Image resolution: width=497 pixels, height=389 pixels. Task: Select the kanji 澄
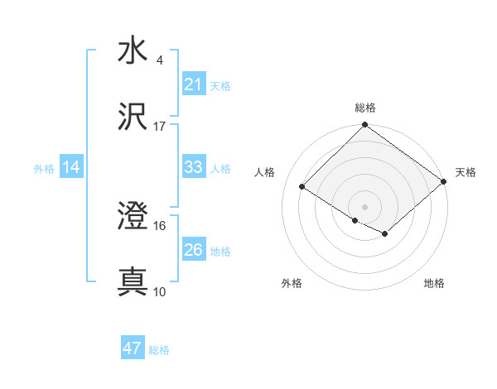point(133,217)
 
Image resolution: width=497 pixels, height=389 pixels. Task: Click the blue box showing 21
point(193,84)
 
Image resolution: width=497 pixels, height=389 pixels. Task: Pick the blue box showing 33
point(193,167)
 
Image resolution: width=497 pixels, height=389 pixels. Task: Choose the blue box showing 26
point(193,250)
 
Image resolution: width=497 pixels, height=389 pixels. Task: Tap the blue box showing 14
point(71,167)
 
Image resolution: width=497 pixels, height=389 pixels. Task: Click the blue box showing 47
point(133,348)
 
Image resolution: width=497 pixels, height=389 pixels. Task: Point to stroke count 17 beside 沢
point(160,127)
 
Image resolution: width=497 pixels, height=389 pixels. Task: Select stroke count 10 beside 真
point(160,292)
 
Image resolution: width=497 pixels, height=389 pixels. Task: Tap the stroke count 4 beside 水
point(160,60)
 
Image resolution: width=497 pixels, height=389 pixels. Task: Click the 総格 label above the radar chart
point(365,108)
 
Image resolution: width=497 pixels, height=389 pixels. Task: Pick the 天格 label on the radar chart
point(466,172)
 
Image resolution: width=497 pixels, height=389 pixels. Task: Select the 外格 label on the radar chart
point(292,283)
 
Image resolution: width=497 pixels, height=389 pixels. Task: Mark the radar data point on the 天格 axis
point(444,180)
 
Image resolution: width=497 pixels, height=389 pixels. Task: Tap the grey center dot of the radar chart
point(365,206)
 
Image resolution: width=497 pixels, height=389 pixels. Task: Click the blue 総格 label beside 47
point(159,350)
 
